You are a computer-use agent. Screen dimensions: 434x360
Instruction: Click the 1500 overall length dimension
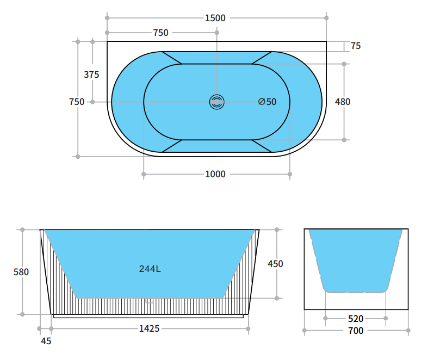[x=215, y=18]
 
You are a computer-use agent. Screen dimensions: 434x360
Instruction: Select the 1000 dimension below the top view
[x=215, y=174]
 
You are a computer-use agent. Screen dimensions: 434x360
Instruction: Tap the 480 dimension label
[x=343, y=102]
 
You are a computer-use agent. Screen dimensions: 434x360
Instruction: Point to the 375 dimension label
[x=91, y=75]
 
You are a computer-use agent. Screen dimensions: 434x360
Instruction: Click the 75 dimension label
[x=356, y=46]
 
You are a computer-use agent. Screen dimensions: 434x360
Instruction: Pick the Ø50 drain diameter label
[x=267, y=102]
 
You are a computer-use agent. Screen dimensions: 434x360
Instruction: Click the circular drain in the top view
[x=216, y=102]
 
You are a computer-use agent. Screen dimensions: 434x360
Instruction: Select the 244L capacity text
[x=150, y=269]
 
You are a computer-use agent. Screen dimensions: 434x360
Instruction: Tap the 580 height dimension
[x=21, y=272]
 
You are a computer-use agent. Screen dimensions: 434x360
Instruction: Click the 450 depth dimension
[x=275, y=264]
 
